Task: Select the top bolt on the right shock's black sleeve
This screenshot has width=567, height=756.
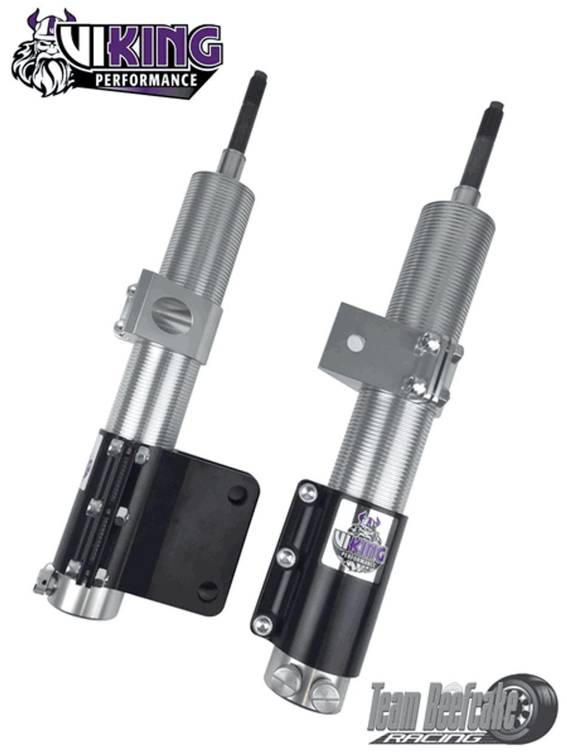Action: (x=307, y=493)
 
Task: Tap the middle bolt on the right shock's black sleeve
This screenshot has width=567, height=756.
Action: (x=285, y=557)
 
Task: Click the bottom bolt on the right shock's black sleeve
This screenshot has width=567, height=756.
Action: (x=263, y=625)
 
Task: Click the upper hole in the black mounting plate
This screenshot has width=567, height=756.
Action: (x=237, y=494)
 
